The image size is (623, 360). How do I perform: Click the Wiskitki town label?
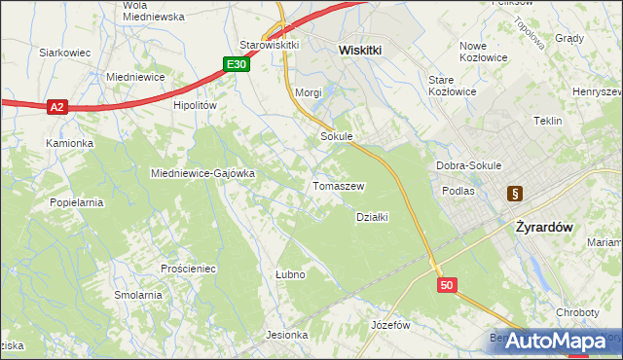click(x=364, y=48)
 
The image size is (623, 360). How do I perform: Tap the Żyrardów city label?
click(x=542, y=226)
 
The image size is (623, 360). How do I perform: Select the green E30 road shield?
click(x=236, y=64)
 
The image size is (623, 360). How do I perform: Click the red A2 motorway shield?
click(x=56, y=107)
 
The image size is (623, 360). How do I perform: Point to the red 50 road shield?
click(x=447, y=285)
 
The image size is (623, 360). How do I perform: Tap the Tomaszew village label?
click(x=338, y=185)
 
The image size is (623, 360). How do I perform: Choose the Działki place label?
click(x=372, y=217)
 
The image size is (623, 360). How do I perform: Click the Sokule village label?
click(x=336, y=137)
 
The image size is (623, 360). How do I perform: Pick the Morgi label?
click(x=308, y=93)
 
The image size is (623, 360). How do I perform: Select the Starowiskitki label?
click(x=269, y=45)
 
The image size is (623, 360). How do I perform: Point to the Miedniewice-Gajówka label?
click(x=202, y=173)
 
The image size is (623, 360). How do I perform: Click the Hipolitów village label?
click(x=194, y=105)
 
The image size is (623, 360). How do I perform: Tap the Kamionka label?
click(x=69, y=143)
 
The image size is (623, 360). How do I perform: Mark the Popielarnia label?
click(x=77, y=202)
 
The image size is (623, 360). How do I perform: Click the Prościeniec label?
click(x=189, y=267)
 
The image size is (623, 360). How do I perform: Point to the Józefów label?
click(x=391, y=324)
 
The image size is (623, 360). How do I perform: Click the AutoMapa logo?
click(x=557, y=342)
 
